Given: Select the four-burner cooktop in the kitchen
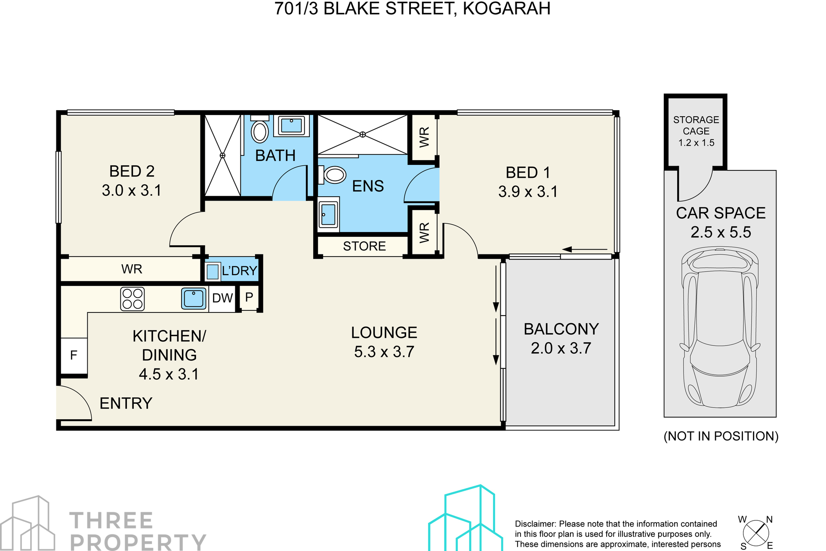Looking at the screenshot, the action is click(133, 299).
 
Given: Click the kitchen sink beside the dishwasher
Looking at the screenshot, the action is click(194, 298).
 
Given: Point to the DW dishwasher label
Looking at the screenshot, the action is click(222, 298).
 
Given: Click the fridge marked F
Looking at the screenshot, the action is click(74, 356).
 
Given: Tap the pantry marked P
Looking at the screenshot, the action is click(249, 297).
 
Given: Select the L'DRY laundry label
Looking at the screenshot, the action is click(239, 271).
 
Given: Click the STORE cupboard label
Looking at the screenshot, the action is click(364, 246).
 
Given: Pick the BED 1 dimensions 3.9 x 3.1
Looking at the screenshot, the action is click(528, 192).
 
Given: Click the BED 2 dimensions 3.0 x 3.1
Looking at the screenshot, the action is click(132, 190).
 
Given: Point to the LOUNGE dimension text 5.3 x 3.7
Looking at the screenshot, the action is click(384, 352).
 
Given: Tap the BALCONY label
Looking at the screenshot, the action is click(561, 329).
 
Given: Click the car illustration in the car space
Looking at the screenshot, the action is click(720, 327).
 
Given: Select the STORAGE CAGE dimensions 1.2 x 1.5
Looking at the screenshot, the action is click(696, 143).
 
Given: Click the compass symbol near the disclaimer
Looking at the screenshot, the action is click(756, 533).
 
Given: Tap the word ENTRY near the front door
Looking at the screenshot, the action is click(126, 403).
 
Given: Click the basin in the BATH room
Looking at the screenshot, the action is click(292, 126).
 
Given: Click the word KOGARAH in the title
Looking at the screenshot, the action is click(506, 9).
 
